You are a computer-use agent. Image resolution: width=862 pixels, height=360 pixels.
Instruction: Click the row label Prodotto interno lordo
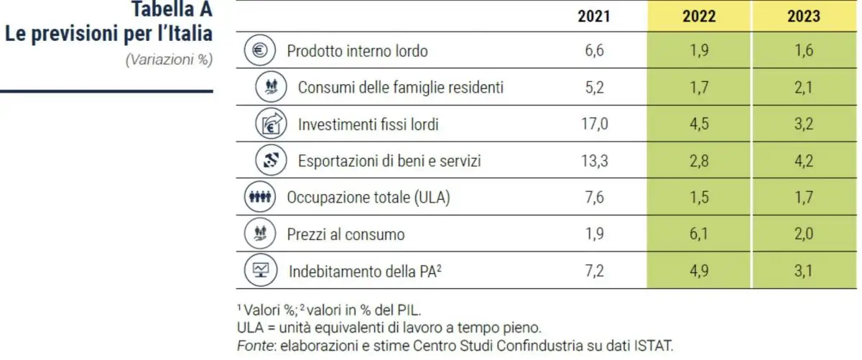(x=357, y=51)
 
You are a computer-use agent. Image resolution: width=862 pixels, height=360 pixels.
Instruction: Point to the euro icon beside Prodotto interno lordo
(x=256, y=51)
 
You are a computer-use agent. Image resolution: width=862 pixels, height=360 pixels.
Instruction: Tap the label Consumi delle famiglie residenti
(x=400, y=88)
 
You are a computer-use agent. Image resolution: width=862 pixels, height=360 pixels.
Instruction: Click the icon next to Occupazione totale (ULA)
(x=256, y=198)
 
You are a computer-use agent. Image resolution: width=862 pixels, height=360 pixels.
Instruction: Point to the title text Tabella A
(x=172, y=10)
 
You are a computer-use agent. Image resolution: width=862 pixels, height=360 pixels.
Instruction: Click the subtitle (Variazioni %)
(x=170, y=60)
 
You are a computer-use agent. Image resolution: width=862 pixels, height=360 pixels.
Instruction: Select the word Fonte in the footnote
(x=252, y=345)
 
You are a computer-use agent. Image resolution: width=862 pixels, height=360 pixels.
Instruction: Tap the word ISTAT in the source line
(x=654, y=345)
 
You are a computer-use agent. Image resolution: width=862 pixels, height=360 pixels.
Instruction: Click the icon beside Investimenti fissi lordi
(x=267, y=124)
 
